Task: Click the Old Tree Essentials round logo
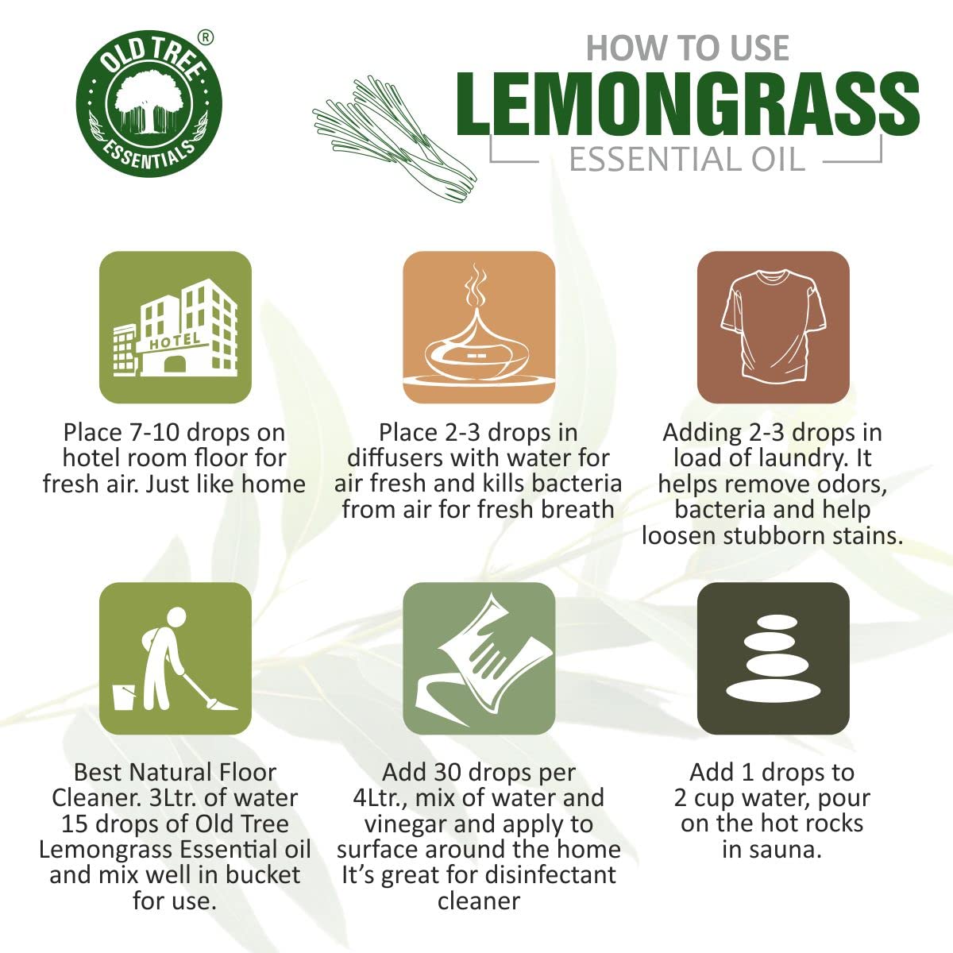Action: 149,104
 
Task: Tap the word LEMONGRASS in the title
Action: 687,106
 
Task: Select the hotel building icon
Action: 176,327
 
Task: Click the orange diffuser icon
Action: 478,327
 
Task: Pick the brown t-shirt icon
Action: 773,327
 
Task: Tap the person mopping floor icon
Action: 176,658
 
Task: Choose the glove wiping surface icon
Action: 478,658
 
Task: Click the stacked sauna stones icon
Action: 773,658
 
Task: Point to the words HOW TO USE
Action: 687,48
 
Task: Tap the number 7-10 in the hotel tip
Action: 155,433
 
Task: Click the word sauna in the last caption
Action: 786,849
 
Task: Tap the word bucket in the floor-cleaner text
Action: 263,875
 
